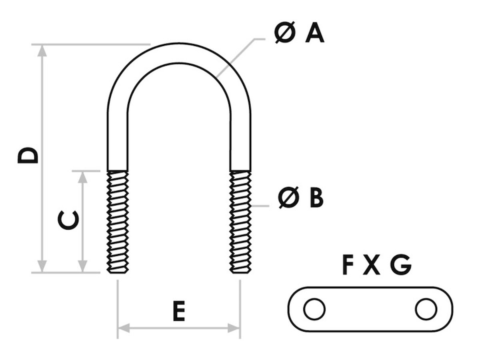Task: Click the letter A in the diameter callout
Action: click(x=314, y=34)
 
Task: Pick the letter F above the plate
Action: click(x=349, y=265)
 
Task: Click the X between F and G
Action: click(x=372, y=265)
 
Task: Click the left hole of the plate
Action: click(x=314, y=309)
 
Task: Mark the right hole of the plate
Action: click(x=426, y=309)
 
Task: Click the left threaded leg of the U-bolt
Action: click(x=118, y=222)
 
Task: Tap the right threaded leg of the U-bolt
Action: click(x=240, y=222)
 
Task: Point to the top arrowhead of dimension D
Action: click(x=42, y=50)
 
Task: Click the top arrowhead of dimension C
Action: click(x=82, y=177)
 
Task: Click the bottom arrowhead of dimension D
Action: click(x=42, y=266)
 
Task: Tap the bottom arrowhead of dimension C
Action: click(x=82, y=266)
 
